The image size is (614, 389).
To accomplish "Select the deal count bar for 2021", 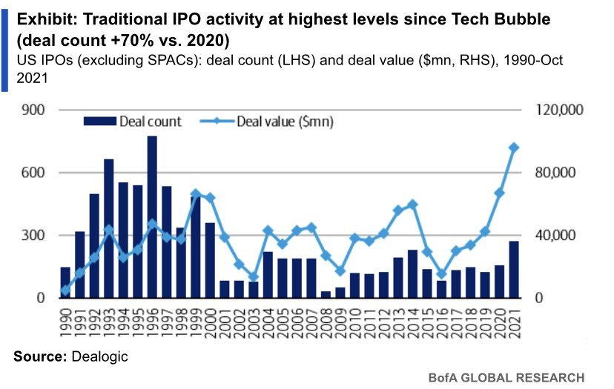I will [x=513, y=270].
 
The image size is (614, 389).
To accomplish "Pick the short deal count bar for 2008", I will [x=326, y=294].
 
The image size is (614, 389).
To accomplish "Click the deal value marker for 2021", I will [x=513, y=147].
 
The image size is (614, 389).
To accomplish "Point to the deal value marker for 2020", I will [x=500, y=193].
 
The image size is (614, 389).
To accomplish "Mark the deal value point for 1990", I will [x=65, y=290].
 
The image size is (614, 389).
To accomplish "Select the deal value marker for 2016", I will [x=442, y=274].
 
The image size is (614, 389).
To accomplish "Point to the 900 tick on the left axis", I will [x=36, y=110].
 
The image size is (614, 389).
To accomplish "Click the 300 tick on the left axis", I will [x=36, y=236].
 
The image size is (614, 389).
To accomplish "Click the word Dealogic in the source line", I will [x=99, y=356].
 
